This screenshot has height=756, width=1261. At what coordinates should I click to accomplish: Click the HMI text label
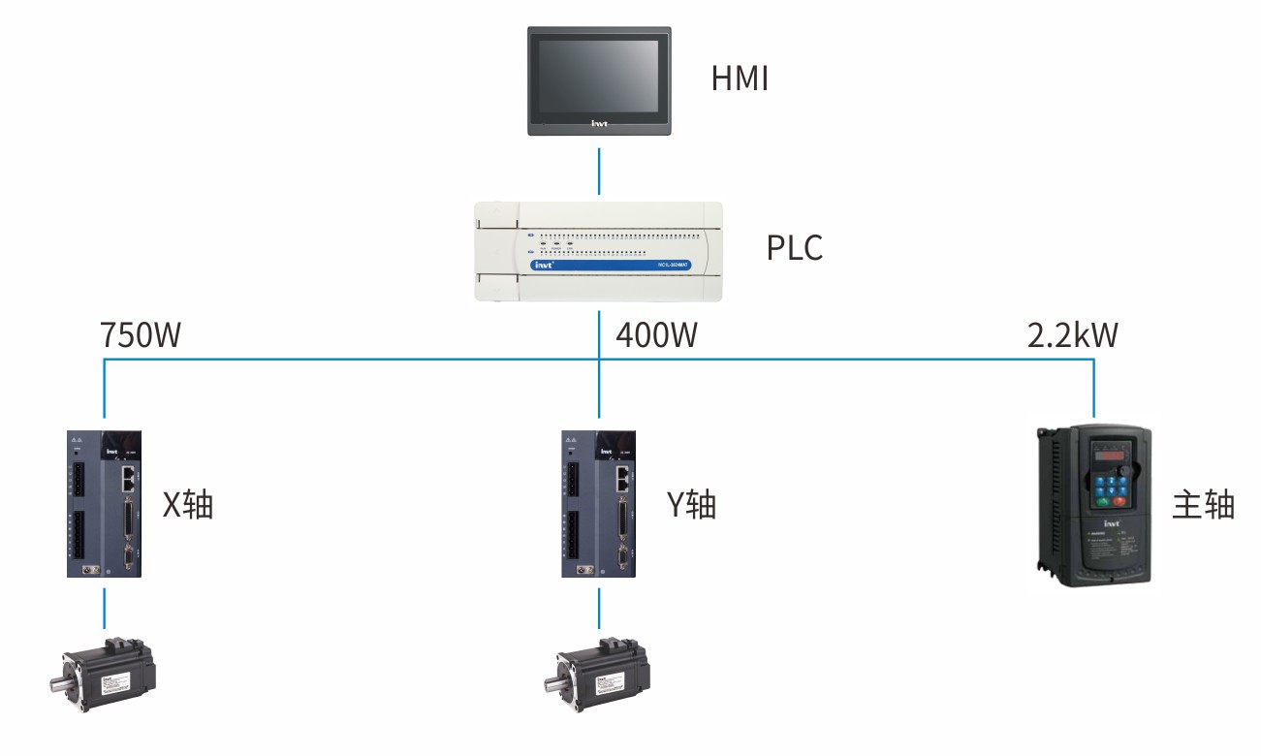(x=740, y=79)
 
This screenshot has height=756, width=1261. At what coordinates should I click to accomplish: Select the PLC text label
(x=795, y=248)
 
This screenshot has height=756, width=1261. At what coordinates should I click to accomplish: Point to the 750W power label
(x=141, y=335)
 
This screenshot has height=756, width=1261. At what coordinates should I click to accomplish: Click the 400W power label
(x=656, y=335)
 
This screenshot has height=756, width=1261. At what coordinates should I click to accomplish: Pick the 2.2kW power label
(x=1072, y=335)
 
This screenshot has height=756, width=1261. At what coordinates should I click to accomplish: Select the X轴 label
(x=187, y=505)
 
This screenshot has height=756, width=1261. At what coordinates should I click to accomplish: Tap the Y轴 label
(x=691, y=505)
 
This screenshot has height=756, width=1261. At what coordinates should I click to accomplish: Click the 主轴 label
(x=1203, y=505)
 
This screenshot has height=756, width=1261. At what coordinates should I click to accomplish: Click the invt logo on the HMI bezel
(x=599, y=124)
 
